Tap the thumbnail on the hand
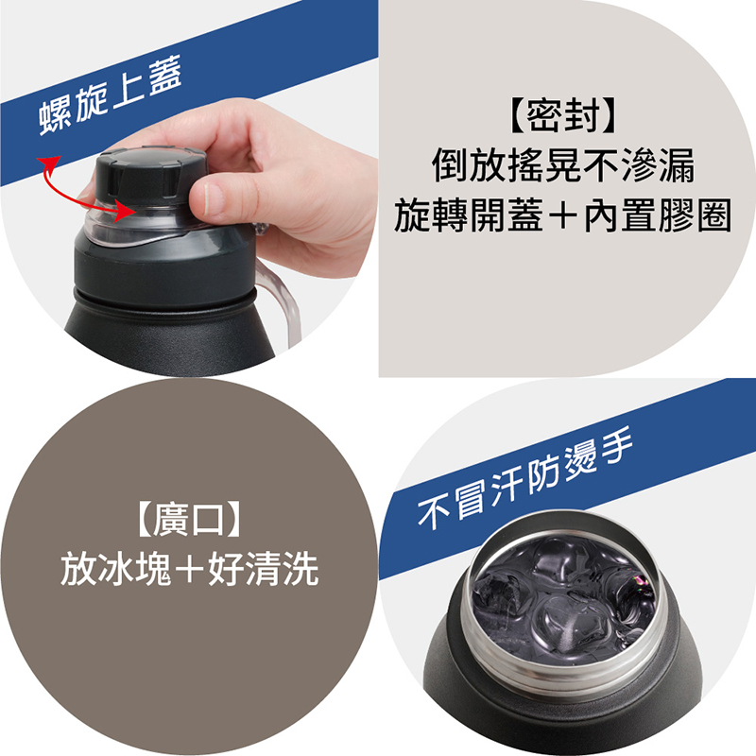click(x=207, y=198)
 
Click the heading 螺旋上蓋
click(x=111, y=95)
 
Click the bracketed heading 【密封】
click(x=562, y=115)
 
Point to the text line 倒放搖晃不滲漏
click(x=562, y=165)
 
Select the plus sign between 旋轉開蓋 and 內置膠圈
click(x=562, y=215)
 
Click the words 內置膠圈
click(x=658, y=215)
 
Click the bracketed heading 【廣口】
click(x=188, y=520)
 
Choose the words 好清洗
click(x=264, y=569)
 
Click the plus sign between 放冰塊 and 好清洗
click(x=190, y=570)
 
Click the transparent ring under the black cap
click(x=145, y=227)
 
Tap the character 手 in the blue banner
click(x=615, y=446)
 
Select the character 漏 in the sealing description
click(x=676, y=165)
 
